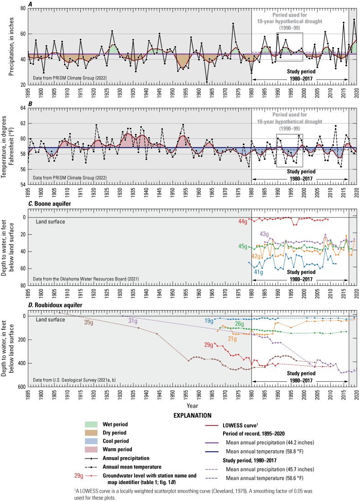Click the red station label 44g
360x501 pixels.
tap(243, 221)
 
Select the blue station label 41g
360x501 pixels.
tap(259, 272)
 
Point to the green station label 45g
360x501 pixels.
tap(243, 246)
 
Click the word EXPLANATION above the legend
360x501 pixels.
tap(191, 403)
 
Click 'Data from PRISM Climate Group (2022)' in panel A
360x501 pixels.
tap(64, 80)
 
